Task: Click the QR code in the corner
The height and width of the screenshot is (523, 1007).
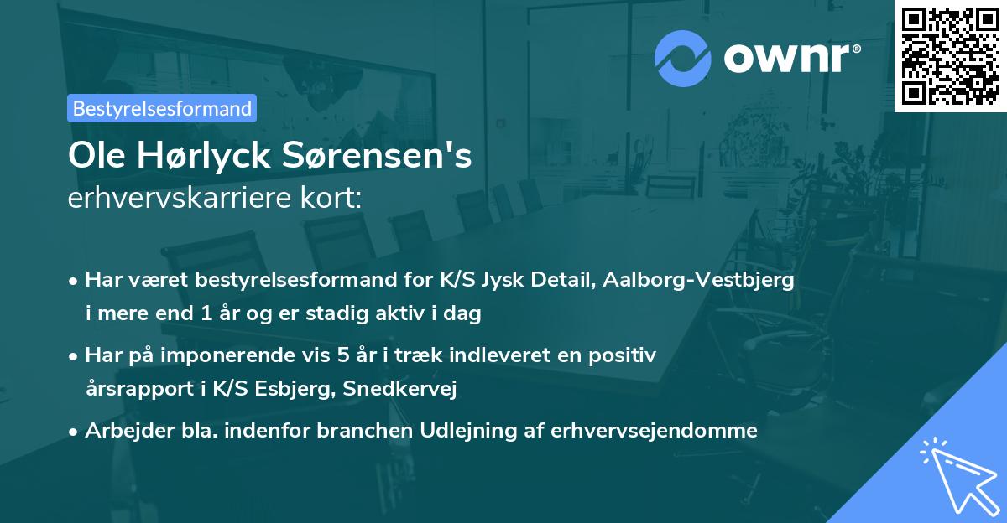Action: click(950, 55)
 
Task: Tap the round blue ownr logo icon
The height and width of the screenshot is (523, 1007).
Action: click(682, 58)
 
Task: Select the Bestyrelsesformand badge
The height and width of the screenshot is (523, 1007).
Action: click(162, 108)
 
